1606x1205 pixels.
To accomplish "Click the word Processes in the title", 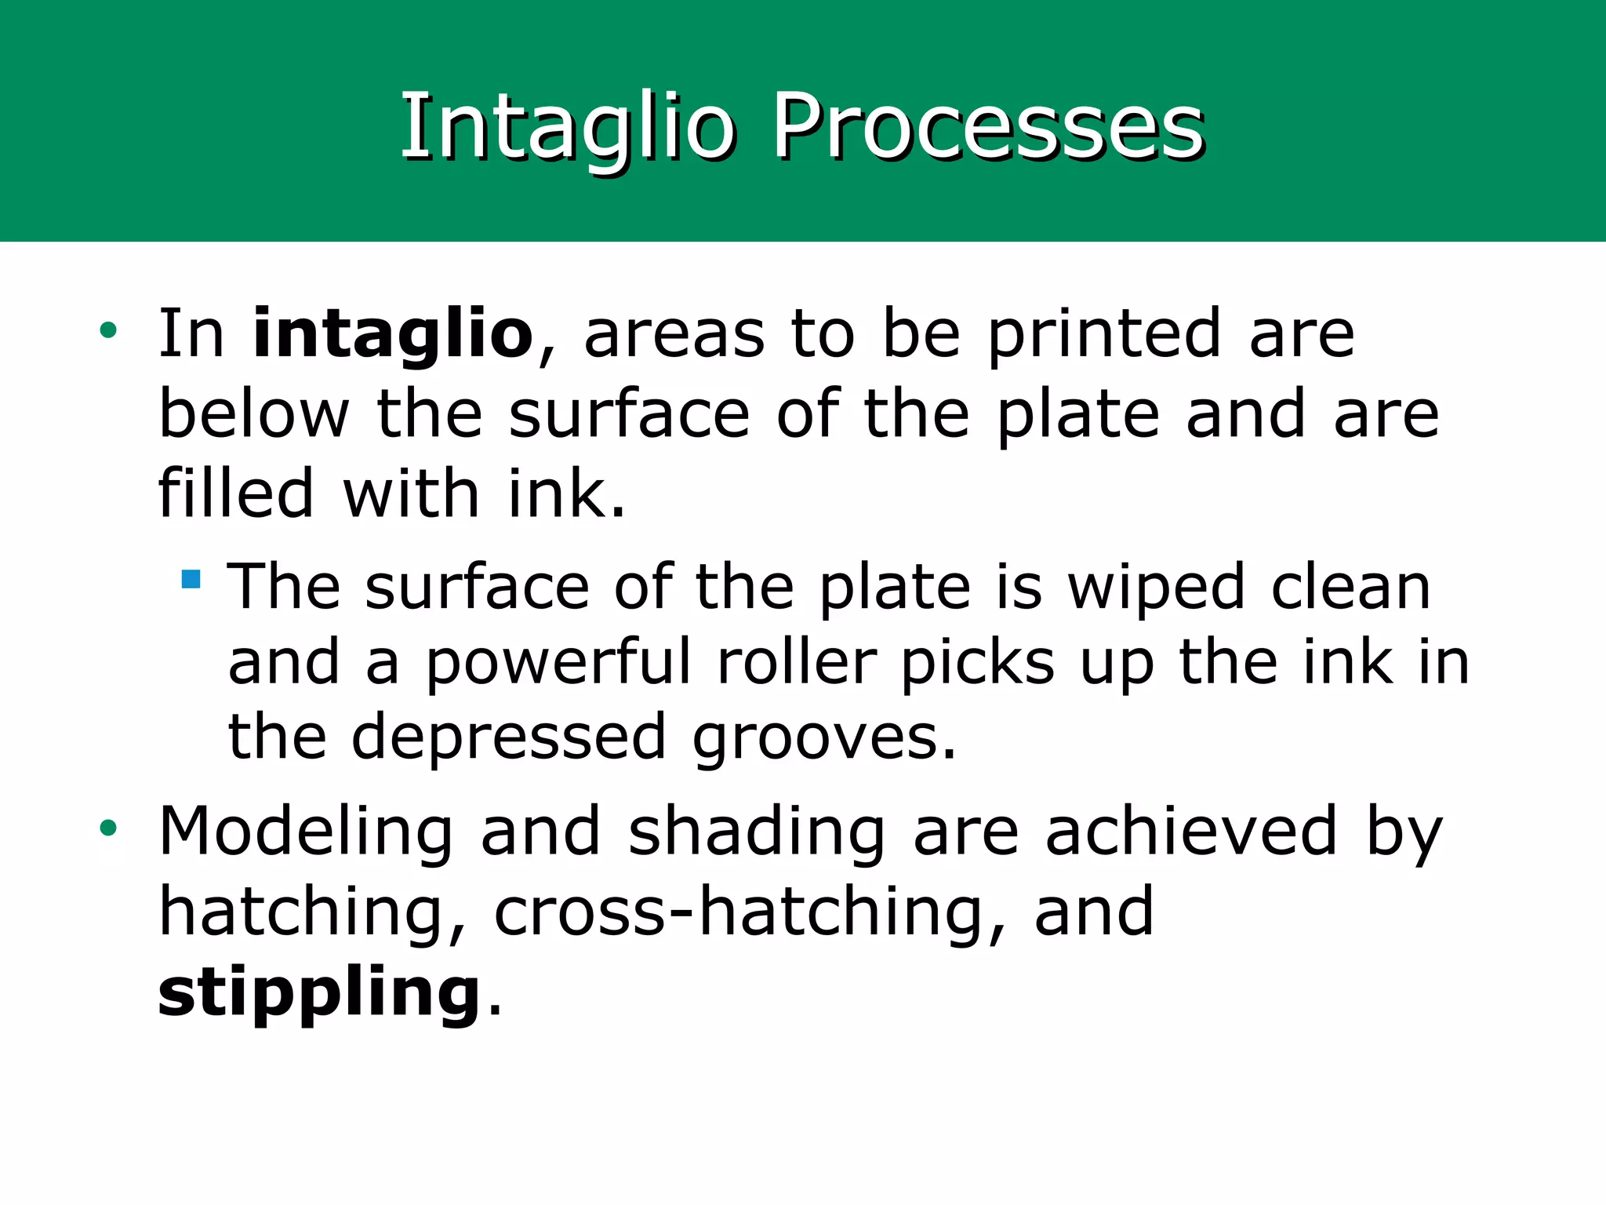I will (988, 127).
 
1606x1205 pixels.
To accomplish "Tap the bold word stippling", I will (319, 993).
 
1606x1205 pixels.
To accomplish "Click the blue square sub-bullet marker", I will (191, 579).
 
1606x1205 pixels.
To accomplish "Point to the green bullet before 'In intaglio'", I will (108, 330).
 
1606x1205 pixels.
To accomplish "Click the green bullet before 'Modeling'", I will (108, 828).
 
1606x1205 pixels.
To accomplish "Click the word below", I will (254, 414).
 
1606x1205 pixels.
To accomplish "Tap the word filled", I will (236, 494).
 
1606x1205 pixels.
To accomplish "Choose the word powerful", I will (558, 664).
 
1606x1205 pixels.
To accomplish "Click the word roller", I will (796, 664).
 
